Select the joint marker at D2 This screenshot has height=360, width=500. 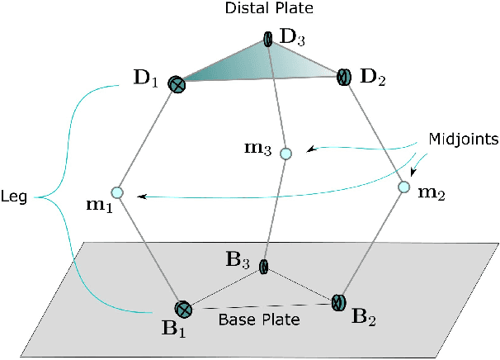344,77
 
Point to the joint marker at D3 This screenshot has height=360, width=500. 269,39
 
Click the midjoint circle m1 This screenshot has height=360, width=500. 116,192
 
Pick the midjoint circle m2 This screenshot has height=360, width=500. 403,187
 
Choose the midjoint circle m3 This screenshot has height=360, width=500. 285,153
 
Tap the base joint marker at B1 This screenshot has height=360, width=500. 183,310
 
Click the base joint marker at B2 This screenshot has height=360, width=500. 337,301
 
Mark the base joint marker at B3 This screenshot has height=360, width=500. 264,266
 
